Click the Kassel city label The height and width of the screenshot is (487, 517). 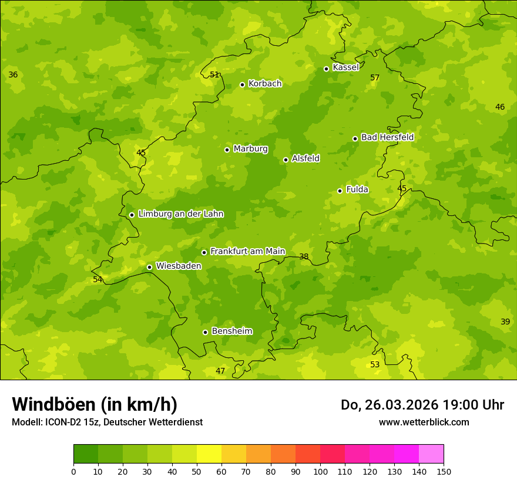click(x=345, y=67)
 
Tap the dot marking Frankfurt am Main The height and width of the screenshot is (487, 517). click(x=204, y=252)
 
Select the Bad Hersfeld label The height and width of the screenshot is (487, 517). click(x=387, y=137)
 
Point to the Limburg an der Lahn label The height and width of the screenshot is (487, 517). click(x=181, y=214)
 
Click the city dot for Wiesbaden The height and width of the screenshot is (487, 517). click(x=150, y=267)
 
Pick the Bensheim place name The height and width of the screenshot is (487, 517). click(x=232, y=332)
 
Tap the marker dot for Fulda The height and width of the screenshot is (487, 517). click(x=340, y=191)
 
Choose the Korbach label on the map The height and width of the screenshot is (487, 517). click(x=265, y=84)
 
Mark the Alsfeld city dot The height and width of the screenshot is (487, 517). click(x=286, y=160)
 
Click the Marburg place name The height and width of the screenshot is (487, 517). click(x=250, y=149)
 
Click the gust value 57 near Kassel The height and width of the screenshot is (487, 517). click(x=375, y=78)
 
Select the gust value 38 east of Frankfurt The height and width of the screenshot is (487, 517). click(x=304, y=257)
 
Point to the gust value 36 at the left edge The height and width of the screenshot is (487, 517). click(x=13, y=75)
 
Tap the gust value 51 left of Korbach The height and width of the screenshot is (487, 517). click(x=214, y=75)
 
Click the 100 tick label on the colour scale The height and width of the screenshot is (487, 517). click(x=320, y=471)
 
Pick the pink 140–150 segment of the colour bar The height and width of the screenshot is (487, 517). click(x=431, y=454)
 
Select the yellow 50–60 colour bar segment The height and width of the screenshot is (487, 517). click(x=209, y=454)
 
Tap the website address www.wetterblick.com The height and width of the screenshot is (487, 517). click(x=424, y=422)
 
